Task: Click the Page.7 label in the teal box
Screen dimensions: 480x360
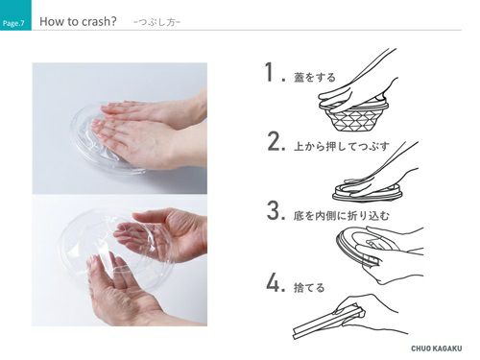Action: pos(13,23)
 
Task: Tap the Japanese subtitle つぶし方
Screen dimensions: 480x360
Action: pos(157,22)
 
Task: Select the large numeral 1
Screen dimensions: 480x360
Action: pos(269,72)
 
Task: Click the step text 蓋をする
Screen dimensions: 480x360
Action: pos(315,78)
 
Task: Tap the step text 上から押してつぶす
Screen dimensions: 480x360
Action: pos(342,147)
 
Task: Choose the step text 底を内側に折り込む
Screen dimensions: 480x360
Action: pos(341,216)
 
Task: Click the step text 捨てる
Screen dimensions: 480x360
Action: pos(309,287)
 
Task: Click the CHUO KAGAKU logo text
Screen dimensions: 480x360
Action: pos(437,348)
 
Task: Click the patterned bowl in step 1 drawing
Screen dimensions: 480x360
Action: pos(354,118)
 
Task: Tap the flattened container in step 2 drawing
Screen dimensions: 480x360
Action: pos(368,194)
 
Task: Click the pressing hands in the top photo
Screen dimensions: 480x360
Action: pos(151,132)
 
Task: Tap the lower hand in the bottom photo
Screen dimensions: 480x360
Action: pos(125,291)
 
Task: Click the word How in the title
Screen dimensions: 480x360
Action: pos(51,21)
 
